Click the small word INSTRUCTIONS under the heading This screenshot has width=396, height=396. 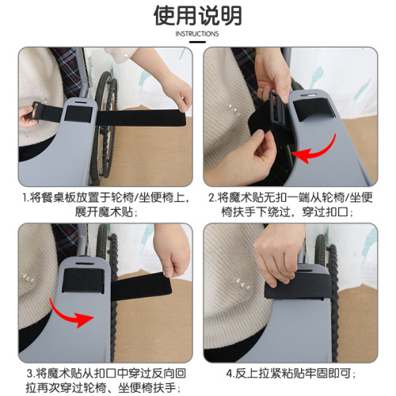click(x=197, y=35)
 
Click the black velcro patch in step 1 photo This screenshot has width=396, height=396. click(x=79, y=115)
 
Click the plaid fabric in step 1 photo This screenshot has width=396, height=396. click(x=71, y=67)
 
